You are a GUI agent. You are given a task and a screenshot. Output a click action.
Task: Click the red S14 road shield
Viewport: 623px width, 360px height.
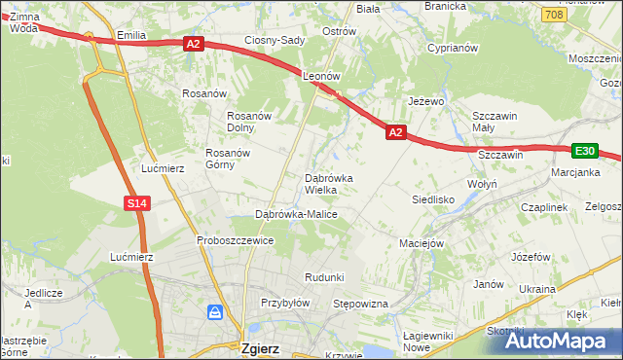coord(136,202)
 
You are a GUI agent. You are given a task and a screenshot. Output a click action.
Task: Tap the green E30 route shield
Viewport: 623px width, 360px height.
coord(584,151)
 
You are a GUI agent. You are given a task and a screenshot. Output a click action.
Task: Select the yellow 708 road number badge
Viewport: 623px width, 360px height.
coord(554,15)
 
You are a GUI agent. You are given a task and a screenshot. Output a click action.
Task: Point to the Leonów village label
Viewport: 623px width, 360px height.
coord(320,75)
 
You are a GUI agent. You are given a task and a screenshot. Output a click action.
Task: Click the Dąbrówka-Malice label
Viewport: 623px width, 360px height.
coord(296,214)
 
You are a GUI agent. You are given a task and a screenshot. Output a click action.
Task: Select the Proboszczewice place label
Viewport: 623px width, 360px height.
coord(235,240)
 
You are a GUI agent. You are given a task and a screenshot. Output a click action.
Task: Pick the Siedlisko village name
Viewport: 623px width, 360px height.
coord(434,198)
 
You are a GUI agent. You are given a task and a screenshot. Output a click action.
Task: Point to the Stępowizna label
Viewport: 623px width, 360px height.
coord(361,305)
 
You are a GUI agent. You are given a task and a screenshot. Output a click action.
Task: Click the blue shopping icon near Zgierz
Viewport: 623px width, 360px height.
coord(215,312)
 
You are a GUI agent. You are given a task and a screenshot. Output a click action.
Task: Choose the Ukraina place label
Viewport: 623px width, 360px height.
coord(536,290)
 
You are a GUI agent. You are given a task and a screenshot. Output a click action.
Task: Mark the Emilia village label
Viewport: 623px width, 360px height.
coord(130,35)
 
